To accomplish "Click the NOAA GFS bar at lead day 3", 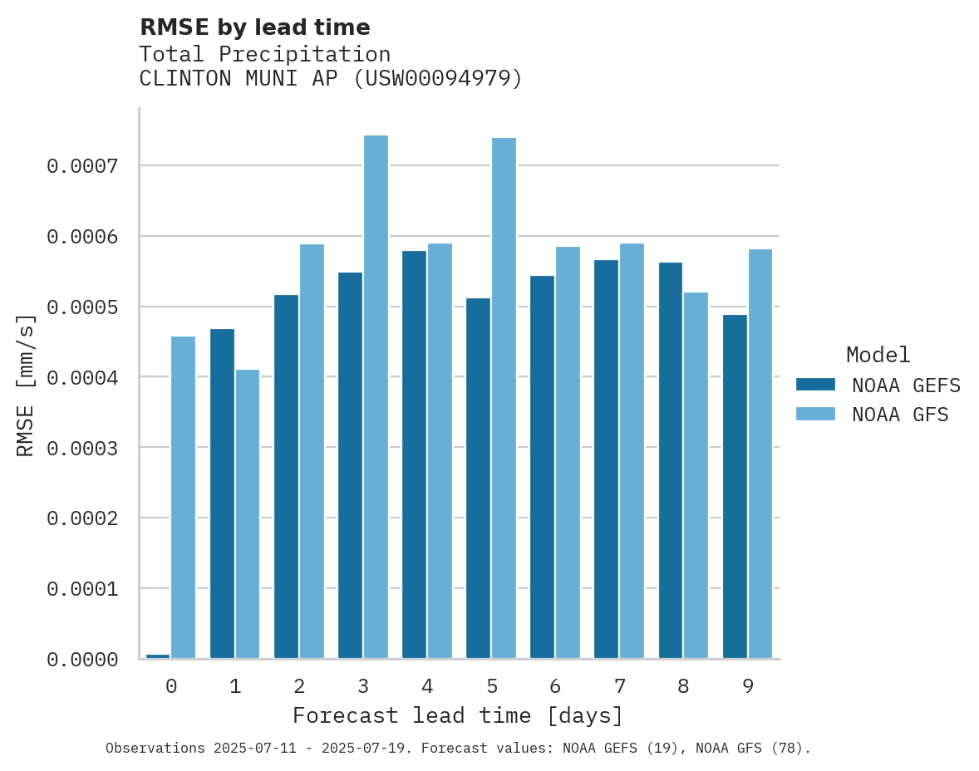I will point(376,397).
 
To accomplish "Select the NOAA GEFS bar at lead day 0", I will point(158,656).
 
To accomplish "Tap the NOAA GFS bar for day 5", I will point(504,398).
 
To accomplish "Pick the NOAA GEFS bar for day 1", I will point(222,494).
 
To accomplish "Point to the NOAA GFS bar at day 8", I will point(696,475).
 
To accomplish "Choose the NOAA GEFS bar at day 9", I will point(735,487).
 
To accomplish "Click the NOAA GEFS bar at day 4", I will point(414,454).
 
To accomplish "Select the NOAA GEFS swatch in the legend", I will point(815,385).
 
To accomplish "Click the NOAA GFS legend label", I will point(900,415).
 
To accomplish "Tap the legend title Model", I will point(878,356).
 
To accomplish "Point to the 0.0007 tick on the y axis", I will point(82,166).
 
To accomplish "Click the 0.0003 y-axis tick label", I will point(82,448).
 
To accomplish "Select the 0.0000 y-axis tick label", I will point(82,660).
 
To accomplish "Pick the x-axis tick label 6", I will point(555,686).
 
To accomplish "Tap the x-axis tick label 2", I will point(298,686).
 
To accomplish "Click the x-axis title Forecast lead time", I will point(457,715).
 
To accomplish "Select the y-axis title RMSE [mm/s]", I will point(26,385).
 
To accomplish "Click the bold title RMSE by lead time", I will point(254,27).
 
